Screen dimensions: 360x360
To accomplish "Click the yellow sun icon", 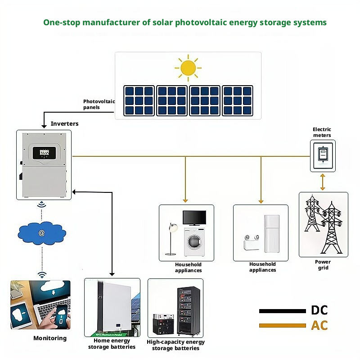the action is click(x=188, y=68).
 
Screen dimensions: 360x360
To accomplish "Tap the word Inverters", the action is click(x=64, y=123).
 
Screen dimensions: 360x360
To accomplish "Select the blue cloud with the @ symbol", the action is click(x=41, y=233).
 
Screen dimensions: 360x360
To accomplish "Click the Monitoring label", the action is click(x=49, y=338).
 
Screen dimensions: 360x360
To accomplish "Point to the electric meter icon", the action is click(x=322, y=155).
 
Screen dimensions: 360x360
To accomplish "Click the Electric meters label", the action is click(x=322, y=132).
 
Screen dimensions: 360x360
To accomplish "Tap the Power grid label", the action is click(x=323, y=265).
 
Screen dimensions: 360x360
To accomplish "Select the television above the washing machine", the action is click(x=194, y=218).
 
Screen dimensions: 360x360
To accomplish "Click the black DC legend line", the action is click(x=282, y=311).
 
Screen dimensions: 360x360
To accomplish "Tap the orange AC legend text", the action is click(x=319, y=325).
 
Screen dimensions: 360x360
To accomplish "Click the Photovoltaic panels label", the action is click(x=99, y=105).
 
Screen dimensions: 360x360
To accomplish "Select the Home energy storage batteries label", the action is click(x=112, y=344).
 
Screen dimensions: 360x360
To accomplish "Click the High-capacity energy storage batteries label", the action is click(x=175, y=345).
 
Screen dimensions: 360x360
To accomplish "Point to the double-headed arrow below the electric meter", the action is click(x=322, y=182).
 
